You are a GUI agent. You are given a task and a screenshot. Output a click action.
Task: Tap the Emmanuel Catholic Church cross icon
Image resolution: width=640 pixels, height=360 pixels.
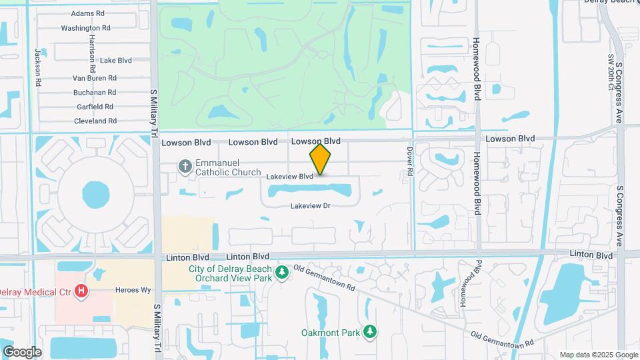coord(186,165)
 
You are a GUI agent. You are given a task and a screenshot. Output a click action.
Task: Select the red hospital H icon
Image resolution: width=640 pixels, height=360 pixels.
coord(81,291)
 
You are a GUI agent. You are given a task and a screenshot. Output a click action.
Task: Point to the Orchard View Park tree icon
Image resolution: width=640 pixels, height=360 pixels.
coord(282,272)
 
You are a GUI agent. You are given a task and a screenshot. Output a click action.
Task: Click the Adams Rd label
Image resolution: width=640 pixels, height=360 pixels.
coord(88,13)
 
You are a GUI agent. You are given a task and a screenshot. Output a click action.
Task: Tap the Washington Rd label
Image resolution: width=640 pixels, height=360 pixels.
coord(85,28)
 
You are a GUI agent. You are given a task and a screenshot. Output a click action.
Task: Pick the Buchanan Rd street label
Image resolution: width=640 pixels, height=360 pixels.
coord(95,93)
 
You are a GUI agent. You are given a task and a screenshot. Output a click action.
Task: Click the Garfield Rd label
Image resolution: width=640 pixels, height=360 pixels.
coord(95,107)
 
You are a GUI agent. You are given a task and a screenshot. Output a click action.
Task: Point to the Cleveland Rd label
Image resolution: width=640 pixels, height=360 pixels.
coord(95,121)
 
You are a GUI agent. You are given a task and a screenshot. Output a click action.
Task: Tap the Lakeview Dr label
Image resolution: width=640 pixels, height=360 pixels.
coord(311,206)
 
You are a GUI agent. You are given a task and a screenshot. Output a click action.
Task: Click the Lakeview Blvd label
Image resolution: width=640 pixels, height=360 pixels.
coord(289,177)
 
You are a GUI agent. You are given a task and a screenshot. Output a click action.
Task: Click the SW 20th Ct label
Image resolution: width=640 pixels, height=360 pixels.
coord(610,73)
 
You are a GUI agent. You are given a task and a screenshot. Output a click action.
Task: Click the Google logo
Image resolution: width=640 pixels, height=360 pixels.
coord(22,352)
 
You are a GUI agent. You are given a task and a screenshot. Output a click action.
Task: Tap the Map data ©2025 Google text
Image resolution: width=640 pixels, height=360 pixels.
coord(599,355)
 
